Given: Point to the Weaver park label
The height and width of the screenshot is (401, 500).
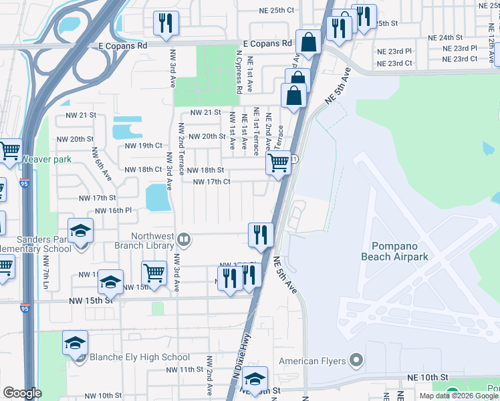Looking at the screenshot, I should (45, 159).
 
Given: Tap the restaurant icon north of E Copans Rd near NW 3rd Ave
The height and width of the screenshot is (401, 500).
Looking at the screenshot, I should (164, 23).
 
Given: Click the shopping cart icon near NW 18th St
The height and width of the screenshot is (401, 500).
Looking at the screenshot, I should (278, 162).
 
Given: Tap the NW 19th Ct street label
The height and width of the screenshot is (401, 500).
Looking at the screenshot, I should (143, 145).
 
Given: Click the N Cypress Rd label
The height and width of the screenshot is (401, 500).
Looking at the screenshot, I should (238, 71).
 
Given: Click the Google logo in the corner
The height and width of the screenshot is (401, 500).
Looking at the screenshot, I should (22, 393).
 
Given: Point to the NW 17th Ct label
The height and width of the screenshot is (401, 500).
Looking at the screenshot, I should (211, 182).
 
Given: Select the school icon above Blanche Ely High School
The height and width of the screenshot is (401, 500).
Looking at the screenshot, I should (76, 344).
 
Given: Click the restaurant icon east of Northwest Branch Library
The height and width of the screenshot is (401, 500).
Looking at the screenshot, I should (260, 235).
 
